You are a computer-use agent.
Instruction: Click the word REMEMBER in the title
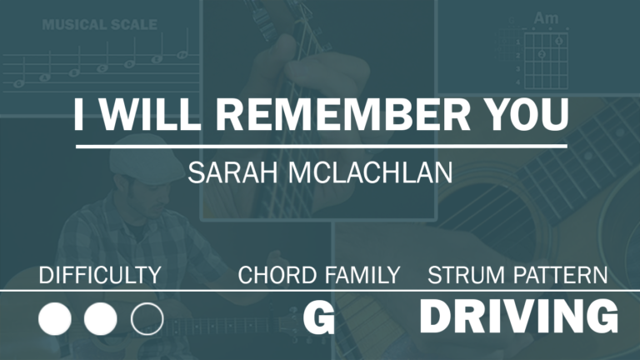(x=343, y=114)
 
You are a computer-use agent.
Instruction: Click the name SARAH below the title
(x=234, y=172)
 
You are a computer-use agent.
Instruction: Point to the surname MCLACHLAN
(x=371, y=172)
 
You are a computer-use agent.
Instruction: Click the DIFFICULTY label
(x=100, y=275)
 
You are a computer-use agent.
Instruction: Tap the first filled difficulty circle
(x=55, y=319)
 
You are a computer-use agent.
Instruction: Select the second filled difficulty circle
(x=100, y=319)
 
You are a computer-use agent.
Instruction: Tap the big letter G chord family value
(x=319, y=319)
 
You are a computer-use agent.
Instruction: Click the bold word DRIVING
(x=519, y=317)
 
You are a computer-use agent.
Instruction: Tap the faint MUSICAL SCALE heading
(x=100, y=24)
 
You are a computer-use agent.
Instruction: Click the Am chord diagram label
(x=546, y=18)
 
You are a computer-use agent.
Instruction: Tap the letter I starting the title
(x=79, y=114)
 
